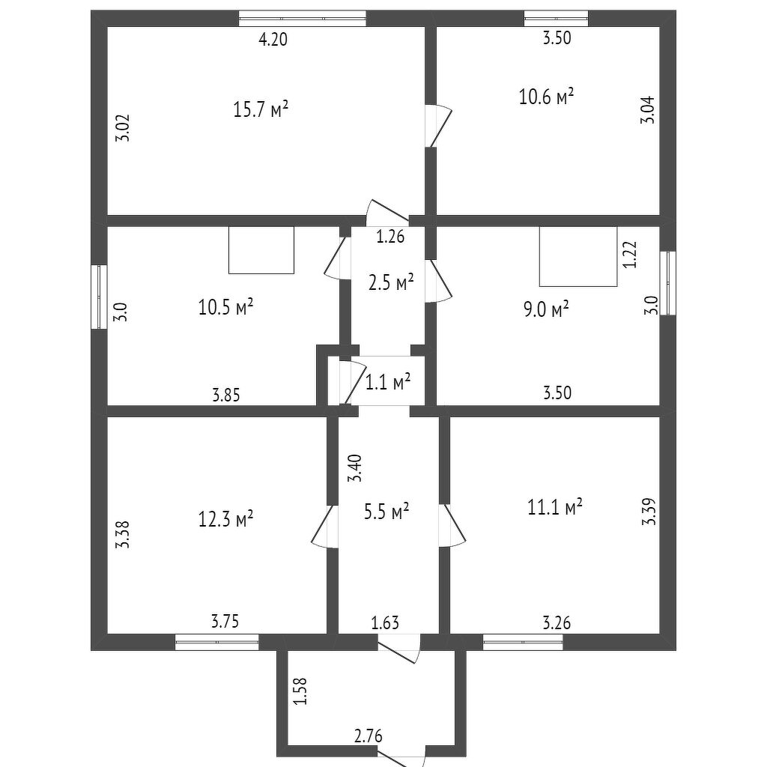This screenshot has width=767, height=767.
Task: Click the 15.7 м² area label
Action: (x=261, y=110)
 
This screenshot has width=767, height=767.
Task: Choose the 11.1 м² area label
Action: (x=555, y=508)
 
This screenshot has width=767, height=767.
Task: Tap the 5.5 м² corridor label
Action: (x=389, y=512)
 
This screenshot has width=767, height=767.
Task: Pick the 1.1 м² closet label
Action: (x=388, y=383)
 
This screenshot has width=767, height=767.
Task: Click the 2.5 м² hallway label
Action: (x=391, y=283)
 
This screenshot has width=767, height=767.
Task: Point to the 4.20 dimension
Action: (x=273, y=40)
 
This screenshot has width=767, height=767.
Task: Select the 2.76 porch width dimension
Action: (x=368, y=736)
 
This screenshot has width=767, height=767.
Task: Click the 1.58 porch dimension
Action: (x=300, y=691)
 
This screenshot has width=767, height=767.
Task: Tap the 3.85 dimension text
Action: (x=225, y=395)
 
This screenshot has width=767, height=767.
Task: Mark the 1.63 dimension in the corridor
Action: (x=386, y=622)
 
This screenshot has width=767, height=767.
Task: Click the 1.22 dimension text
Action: (x=631, y=254)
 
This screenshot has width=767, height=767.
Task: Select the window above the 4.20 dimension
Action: (x=302, y=19)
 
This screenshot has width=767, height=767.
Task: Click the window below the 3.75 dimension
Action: (x=216, y=642)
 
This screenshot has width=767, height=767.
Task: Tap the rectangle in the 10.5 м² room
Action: (x=261, y=250)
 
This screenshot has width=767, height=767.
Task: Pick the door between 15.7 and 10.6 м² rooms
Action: (x=437, y=126)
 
